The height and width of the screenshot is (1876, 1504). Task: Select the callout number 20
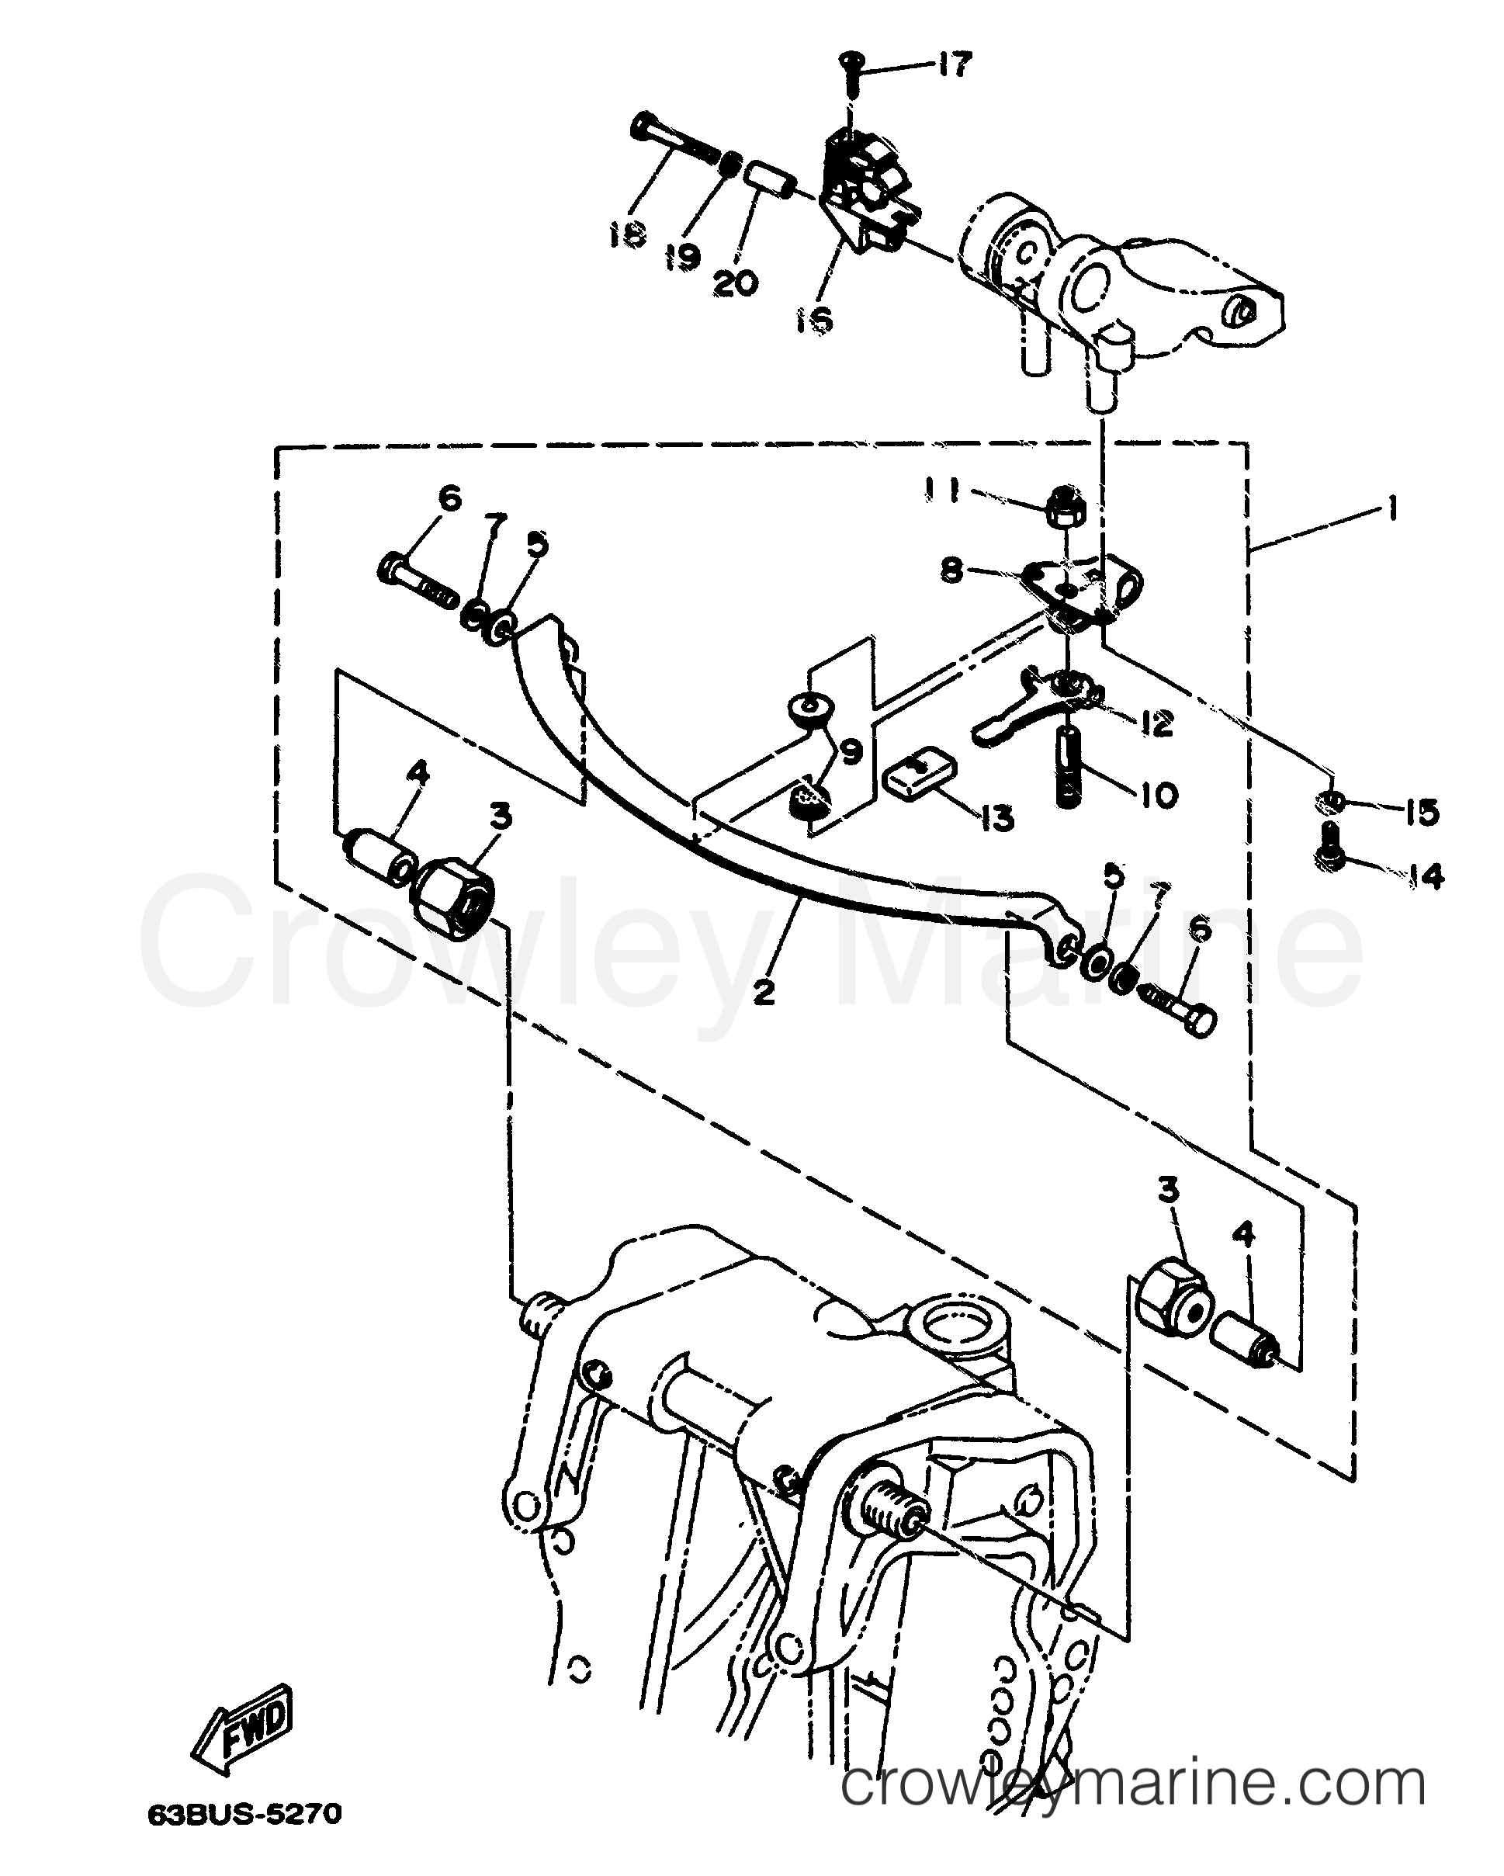tap(735, 283)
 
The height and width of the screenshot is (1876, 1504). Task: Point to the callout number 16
tap(814, 321)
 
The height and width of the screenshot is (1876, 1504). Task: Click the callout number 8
tap(952, 572)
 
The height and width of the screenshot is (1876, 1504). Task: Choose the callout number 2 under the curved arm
tap(764, 991)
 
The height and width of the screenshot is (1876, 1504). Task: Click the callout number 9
tap(850, 750)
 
